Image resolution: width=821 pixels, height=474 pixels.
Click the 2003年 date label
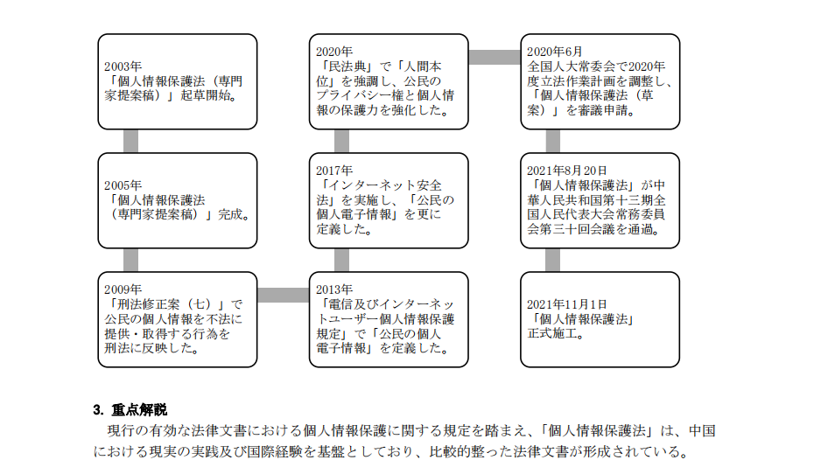123,66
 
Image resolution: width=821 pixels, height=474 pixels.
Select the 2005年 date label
123,185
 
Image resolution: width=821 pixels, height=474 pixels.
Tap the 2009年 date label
123,289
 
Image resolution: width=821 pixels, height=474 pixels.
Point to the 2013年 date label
334,289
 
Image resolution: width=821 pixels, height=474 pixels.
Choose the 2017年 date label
334,171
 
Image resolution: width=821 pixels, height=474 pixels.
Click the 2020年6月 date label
555,52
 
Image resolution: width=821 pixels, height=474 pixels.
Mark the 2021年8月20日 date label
567,171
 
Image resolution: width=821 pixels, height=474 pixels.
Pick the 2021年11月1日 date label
567,304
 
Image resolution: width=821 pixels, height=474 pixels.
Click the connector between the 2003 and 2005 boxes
131,142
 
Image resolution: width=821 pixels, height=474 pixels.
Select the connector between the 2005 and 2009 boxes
131,260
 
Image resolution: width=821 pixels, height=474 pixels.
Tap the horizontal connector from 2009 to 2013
284,295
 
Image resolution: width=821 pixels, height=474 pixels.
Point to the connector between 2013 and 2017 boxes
342,260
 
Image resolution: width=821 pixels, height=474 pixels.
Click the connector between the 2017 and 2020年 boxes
342,142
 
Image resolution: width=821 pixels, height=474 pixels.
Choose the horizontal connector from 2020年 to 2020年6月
495,57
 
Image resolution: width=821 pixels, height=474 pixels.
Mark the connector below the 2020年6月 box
553,142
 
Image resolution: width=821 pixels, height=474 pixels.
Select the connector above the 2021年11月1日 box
553,260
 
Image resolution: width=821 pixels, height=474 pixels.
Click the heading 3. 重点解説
130,409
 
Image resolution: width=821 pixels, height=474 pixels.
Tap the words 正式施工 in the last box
553,333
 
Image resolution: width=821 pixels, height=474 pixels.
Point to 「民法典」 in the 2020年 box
347,66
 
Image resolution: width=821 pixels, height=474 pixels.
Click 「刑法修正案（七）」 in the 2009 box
165,304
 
